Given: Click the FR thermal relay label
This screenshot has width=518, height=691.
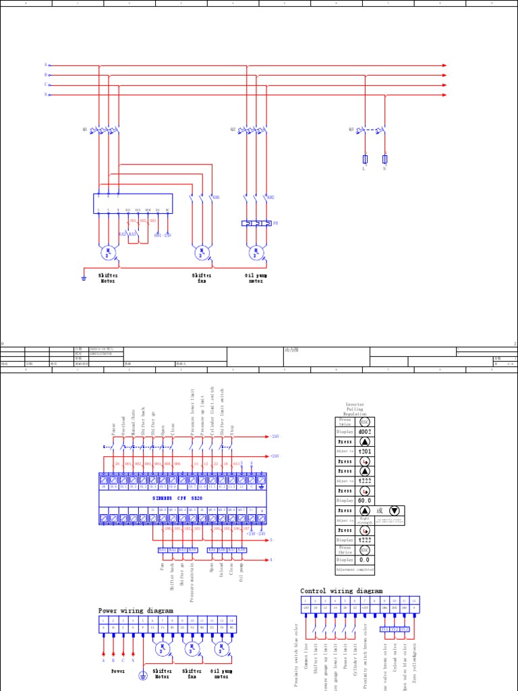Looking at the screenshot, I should pos(275,222).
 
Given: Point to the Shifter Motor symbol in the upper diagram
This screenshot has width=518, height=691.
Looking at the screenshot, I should pos(108,254).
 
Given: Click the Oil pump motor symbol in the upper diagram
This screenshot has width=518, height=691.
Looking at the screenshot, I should pos(255,254).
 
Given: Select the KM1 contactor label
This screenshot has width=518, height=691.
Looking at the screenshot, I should pos(216,198).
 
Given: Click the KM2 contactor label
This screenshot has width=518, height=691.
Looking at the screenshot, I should pos(271,198).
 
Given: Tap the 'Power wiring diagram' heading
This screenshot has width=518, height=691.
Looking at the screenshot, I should pos(136,610).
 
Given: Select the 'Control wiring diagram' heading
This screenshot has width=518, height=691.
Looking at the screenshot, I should pos(341,590).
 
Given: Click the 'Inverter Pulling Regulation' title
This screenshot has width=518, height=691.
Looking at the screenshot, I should pos(355,409).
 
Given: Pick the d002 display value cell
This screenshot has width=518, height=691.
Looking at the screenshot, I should pos(364,431).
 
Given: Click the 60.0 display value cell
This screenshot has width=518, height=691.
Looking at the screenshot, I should pos(364,501).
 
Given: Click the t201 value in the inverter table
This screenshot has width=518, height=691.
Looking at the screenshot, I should pos(364,451).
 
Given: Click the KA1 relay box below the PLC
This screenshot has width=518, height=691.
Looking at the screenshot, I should pos(163,550).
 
